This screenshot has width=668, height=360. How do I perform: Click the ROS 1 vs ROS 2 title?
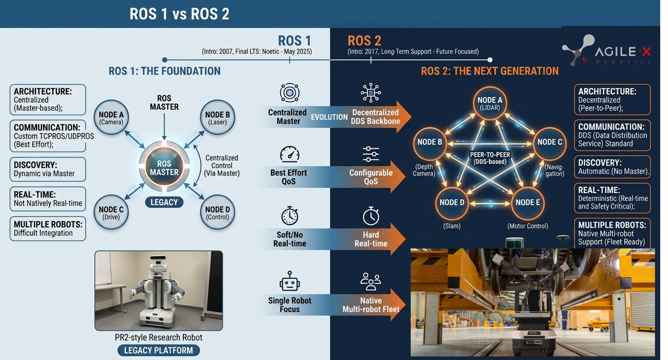pos(179,14)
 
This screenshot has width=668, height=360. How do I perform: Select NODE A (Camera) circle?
pos(111,117)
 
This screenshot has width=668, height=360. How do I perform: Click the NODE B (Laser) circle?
pos(218,117)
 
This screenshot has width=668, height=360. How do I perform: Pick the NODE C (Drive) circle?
pos(111,212)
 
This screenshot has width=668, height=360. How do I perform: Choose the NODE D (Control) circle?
pos(218,212)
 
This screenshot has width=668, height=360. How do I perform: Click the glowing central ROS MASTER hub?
pos(164,167)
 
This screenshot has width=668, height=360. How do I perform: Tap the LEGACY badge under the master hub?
pos(164,202)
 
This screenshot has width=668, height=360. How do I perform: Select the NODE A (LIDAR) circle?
pos(490,103)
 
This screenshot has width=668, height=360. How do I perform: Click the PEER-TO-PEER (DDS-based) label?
pos(490,158)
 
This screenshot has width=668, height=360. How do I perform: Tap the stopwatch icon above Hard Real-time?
pos(371,216)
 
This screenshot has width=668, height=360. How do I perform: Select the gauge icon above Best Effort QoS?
pos(290,154)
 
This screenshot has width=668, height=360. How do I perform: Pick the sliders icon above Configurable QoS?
pos(371,154)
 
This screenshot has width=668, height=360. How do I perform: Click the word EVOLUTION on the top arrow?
pos(329,117)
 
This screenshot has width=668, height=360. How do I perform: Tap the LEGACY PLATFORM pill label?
pos(159,350)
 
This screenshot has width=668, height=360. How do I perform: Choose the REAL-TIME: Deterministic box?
pos(612,198)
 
